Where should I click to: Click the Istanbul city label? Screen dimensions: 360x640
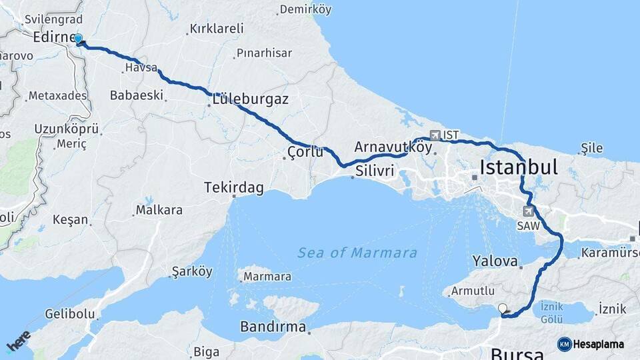(518, 167)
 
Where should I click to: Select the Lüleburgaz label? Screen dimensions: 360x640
(250, 100)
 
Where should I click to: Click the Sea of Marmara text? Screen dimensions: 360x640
(357, 253)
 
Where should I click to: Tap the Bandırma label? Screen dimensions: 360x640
(273, 328)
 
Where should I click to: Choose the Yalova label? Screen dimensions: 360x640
(495, 261)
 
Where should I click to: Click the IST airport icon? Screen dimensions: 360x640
(436, 135)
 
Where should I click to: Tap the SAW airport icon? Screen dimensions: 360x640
(529, 212)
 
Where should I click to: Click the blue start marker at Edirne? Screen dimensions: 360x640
(79, 39)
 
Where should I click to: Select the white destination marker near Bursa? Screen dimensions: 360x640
(503, 309)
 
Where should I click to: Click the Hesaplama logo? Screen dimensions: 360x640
(591, 344)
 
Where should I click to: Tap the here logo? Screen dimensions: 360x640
(19, 341)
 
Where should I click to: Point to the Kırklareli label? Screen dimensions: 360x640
(217, 29)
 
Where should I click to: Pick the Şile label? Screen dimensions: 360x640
(591, 148)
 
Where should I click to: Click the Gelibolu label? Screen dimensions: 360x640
(69, 313)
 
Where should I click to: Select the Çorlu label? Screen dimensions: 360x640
(305, 152)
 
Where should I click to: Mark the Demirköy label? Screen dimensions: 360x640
(305, 9)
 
